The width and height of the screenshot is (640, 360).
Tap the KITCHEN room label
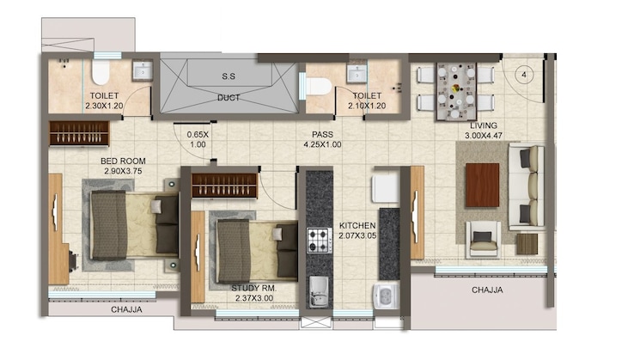357,225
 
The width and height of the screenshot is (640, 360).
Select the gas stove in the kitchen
320,240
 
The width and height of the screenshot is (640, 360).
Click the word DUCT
229,97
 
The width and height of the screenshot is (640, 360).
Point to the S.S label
229,76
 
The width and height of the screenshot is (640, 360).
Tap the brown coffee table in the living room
482,184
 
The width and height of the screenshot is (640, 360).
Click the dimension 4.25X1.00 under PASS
322,145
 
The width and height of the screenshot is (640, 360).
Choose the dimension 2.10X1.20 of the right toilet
368,107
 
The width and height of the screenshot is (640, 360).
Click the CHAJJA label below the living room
487,290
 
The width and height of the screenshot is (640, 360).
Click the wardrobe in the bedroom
78,133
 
